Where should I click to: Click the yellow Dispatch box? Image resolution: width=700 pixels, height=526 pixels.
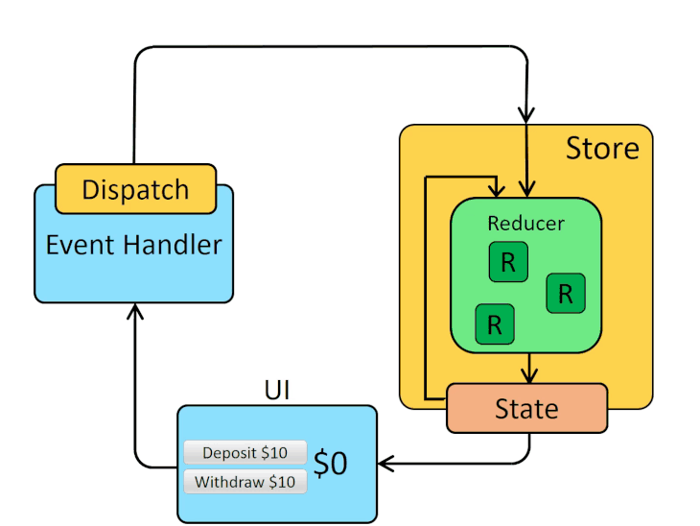click(x=135, y=189)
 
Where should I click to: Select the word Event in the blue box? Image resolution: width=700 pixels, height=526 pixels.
click(x=78, y=245)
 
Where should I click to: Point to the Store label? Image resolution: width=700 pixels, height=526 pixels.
click(x=601, y=149)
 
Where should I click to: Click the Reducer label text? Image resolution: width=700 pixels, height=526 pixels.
click(x=525, y=224)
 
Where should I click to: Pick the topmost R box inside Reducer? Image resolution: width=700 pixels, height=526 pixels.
click(x=508, y=263)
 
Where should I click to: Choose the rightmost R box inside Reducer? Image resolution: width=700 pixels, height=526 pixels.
click(x=566, y=293)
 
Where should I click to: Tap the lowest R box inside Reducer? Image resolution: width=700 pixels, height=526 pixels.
click(x=495, y=324)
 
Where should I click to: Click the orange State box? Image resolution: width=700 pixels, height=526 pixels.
click(x=526, y=409)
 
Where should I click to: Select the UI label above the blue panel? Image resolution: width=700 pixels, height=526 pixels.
click(x=277, y=390)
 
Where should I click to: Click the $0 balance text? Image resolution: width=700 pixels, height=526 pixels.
click(x=331, y=464)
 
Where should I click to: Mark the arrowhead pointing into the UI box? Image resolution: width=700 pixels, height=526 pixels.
click(x=385, y=465)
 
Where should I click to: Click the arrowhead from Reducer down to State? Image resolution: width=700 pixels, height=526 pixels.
click(x=527, y=375)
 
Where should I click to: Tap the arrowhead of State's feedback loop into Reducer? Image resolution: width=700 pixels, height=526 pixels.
click(x=496, y=189)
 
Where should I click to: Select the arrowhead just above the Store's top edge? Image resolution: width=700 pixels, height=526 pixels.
click(x=527, y=114)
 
